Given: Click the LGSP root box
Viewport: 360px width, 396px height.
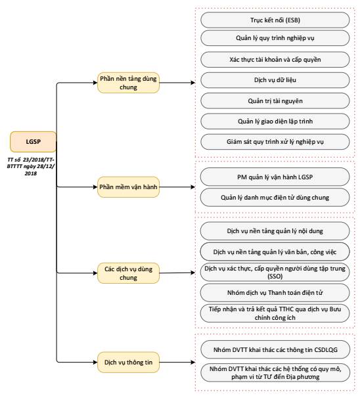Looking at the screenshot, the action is pos(33,142).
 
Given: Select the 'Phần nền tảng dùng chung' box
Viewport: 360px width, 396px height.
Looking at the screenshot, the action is pos(128,83).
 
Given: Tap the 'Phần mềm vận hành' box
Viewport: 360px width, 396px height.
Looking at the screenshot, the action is pos(128,187).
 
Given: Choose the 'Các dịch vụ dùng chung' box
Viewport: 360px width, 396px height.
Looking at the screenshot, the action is pos(128,273).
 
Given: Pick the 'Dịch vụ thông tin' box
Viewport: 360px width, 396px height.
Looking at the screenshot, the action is pos(128,362).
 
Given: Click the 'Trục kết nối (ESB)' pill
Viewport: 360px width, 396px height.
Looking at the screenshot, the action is pos(275,20).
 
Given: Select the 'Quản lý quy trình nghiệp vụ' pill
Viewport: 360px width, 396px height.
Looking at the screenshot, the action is pos(275,38).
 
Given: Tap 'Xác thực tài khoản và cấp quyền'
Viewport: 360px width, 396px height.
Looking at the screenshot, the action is pos(275,60).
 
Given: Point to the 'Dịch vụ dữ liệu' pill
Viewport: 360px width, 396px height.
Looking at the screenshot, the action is pos(275,80).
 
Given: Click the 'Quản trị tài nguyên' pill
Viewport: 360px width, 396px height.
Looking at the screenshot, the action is pos(275,100).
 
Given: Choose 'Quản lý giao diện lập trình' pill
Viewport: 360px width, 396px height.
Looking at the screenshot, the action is pos(275,121).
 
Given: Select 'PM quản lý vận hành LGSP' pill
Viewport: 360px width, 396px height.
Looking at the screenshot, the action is pos(275,177).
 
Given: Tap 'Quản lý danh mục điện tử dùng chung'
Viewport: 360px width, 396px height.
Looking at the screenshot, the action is pos(275,197).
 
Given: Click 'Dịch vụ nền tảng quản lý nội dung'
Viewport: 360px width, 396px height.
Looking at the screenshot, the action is pos(275,231).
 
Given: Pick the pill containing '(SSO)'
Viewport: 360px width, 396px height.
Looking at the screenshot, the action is pos(275,272).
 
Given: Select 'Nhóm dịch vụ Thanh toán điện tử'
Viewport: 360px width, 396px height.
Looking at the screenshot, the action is pos(275,293).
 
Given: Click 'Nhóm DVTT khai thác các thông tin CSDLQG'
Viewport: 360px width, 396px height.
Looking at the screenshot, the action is pos(275,350).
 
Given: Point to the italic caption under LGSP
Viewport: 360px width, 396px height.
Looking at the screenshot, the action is pos(31,166).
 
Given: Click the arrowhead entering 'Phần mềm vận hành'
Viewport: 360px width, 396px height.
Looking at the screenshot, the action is pos(95,187).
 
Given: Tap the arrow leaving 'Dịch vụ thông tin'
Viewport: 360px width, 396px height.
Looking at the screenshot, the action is pos(177,362).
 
